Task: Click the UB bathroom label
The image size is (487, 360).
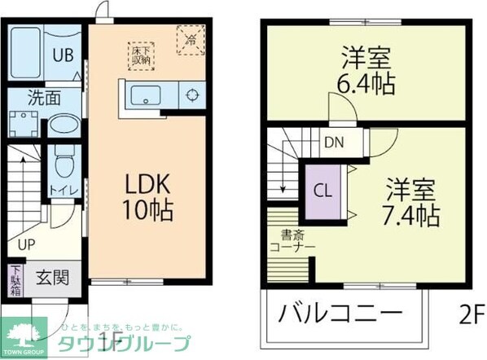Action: pos(64,55)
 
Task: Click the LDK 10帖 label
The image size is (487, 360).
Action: pos(147,197)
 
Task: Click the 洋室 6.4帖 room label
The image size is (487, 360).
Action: pos(366,71)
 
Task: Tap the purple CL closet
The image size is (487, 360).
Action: pos(322,192)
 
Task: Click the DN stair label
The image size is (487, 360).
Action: pos(335,142)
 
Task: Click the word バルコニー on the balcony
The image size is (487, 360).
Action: pos(340,314)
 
